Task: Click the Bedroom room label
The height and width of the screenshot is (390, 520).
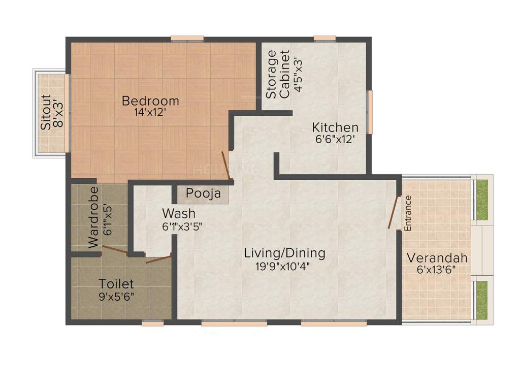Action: point(150,101)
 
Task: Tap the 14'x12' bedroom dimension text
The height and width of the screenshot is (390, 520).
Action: point(150,113)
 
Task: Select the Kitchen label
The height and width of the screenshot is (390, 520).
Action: point(335,127)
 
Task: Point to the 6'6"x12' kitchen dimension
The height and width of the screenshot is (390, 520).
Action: point(335,139)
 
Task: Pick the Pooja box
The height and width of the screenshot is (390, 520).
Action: point(203,193)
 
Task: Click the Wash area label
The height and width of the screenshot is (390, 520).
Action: point(179,213)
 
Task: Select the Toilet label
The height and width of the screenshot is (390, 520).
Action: point(116,283)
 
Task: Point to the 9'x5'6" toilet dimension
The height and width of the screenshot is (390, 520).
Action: point(116,296)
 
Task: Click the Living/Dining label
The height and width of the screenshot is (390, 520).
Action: point(284,252)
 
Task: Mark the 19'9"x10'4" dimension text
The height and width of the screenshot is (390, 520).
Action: point(284,265)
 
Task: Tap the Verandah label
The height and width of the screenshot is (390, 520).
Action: point(437,257)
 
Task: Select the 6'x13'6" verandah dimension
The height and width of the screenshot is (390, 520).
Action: point(437,270)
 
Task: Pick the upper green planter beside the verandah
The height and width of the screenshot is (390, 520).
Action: point(482,200)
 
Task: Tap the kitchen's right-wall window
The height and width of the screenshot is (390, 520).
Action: point(370,112)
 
